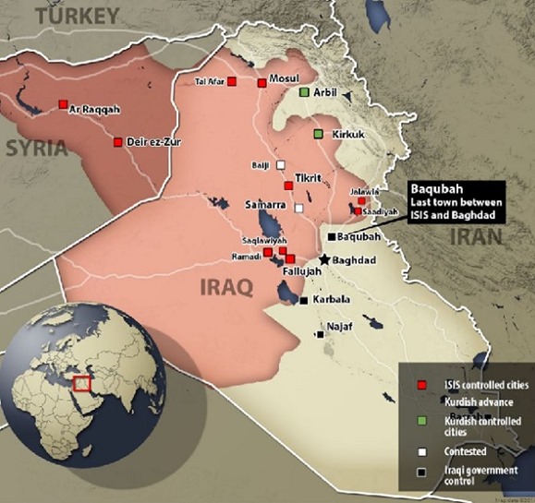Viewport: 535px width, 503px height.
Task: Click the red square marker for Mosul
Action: pyautogui.click(x=262, y=83)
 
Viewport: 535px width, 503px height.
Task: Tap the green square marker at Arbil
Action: pyautogui.click(x=303, y=93)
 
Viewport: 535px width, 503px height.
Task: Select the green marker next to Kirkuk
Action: pyautogui.click(x=318, y=135)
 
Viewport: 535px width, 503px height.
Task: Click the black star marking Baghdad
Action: pyautogui.click(x=323, y=261)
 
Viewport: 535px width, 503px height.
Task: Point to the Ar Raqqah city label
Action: pyautogui.click(x=94, y=109)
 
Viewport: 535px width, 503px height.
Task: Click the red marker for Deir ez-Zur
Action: pyautogui.click(x=117, y=142)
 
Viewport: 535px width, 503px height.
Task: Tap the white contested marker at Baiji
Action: pyautogui.click(x=280, y=166)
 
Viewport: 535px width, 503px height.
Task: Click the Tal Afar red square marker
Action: pyautogui.click(x=233, y=82)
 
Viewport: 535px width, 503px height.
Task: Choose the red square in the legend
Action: pyautogui.click(x=420, y=384)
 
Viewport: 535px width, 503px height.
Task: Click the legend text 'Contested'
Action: pyautogui.click(x=462, y=452)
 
